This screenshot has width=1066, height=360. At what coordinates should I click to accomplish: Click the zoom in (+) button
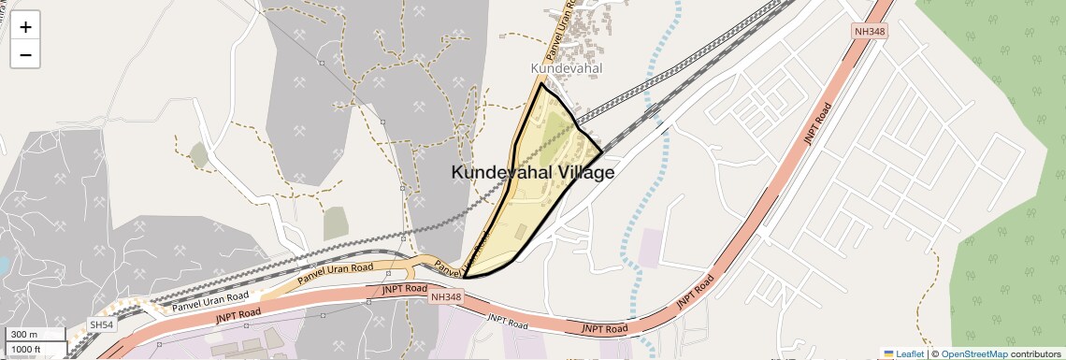(25, 27)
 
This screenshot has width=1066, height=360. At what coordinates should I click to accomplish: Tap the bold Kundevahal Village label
(533, 173)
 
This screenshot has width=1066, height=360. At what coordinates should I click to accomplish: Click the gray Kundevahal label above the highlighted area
(566, 68)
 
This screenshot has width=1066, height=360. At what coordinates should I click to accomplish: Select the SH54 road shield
(101, 324)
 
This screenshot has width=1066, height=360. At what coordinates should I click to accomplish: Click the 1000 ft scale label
(26, 349)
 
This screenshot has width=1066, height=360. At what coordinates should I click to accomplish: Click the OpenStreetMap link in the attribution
(974, 354)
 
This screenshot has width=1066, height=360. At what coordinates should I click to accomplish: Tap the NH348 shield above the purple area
(446, 296)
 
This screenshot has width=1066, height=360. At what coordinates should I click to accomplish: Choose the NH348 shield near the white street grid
(869, 32)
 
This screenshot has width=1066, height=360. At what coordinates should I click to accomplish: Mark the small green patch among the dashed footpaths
(198, 155)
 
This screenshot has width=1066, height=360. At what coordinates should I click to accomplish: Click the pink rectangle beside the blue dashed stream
(651, 246)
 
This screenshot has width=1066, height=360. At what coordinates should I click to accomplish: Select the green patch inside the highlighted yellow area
(555, 130)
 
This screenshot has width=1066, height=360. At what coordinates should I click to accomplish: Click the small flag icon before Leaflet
(889, 354)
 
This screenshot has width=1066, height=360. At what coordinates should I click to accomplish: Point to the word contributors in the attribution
(1036, 354)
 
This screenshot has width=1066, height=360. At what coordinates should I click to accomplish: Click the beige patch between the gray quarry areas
(336, 223)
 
